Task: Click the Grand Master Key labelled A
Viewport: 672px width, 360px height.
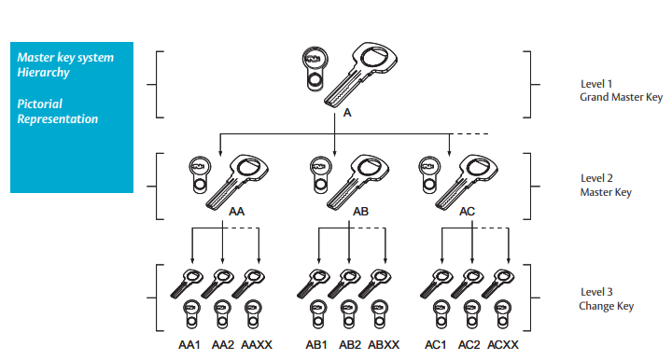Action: pos(361,74)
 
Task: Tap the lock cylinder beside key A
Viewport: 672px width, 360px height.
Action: pos(315,68)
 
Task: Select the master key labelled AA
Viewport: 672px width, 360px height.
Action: pos(237,182)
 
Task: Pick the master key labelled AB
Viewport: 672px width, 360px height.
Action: pos(357,182)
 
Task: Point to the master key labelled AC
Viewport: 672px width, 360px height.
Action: pos(467,182)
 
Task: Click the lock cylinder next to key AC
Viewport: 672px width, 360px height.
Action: pos(429,174)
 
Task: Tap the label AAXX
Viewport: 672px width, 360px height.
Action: pos(257,344)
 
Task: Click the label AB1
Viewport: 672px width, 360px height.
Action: pos(316,344)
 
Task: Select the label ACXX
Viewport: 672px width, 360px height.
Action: pos(503,344)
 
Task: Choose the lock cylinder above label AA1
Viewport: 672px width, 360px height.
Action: pos(191,314)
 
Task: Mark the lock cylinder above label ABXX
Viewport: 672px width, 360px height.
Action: pos(379,314)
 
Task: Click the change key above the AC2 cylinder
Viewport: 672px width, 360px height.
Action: pos(468,283)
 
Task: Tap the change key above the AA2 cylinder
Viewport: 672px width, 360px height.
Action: pos(217,283)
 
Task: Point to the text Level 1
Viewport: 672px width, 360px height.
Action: pos(596,84)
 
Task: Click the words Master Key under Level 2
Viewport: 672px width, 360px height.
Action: pos(606,192)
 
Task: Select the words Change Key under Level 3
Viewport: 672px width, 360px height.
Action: pos(606,306)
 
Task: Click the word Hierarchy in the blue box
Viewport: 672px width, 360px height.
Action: pos(43,73)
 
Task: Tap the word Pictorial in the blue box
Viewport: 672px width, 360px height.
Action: pos(39,104)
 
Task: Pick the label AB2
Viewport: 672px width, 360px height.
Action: pos(350,344)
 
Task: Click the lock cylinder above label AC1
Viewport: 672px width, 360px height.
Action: pos(441,314)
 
